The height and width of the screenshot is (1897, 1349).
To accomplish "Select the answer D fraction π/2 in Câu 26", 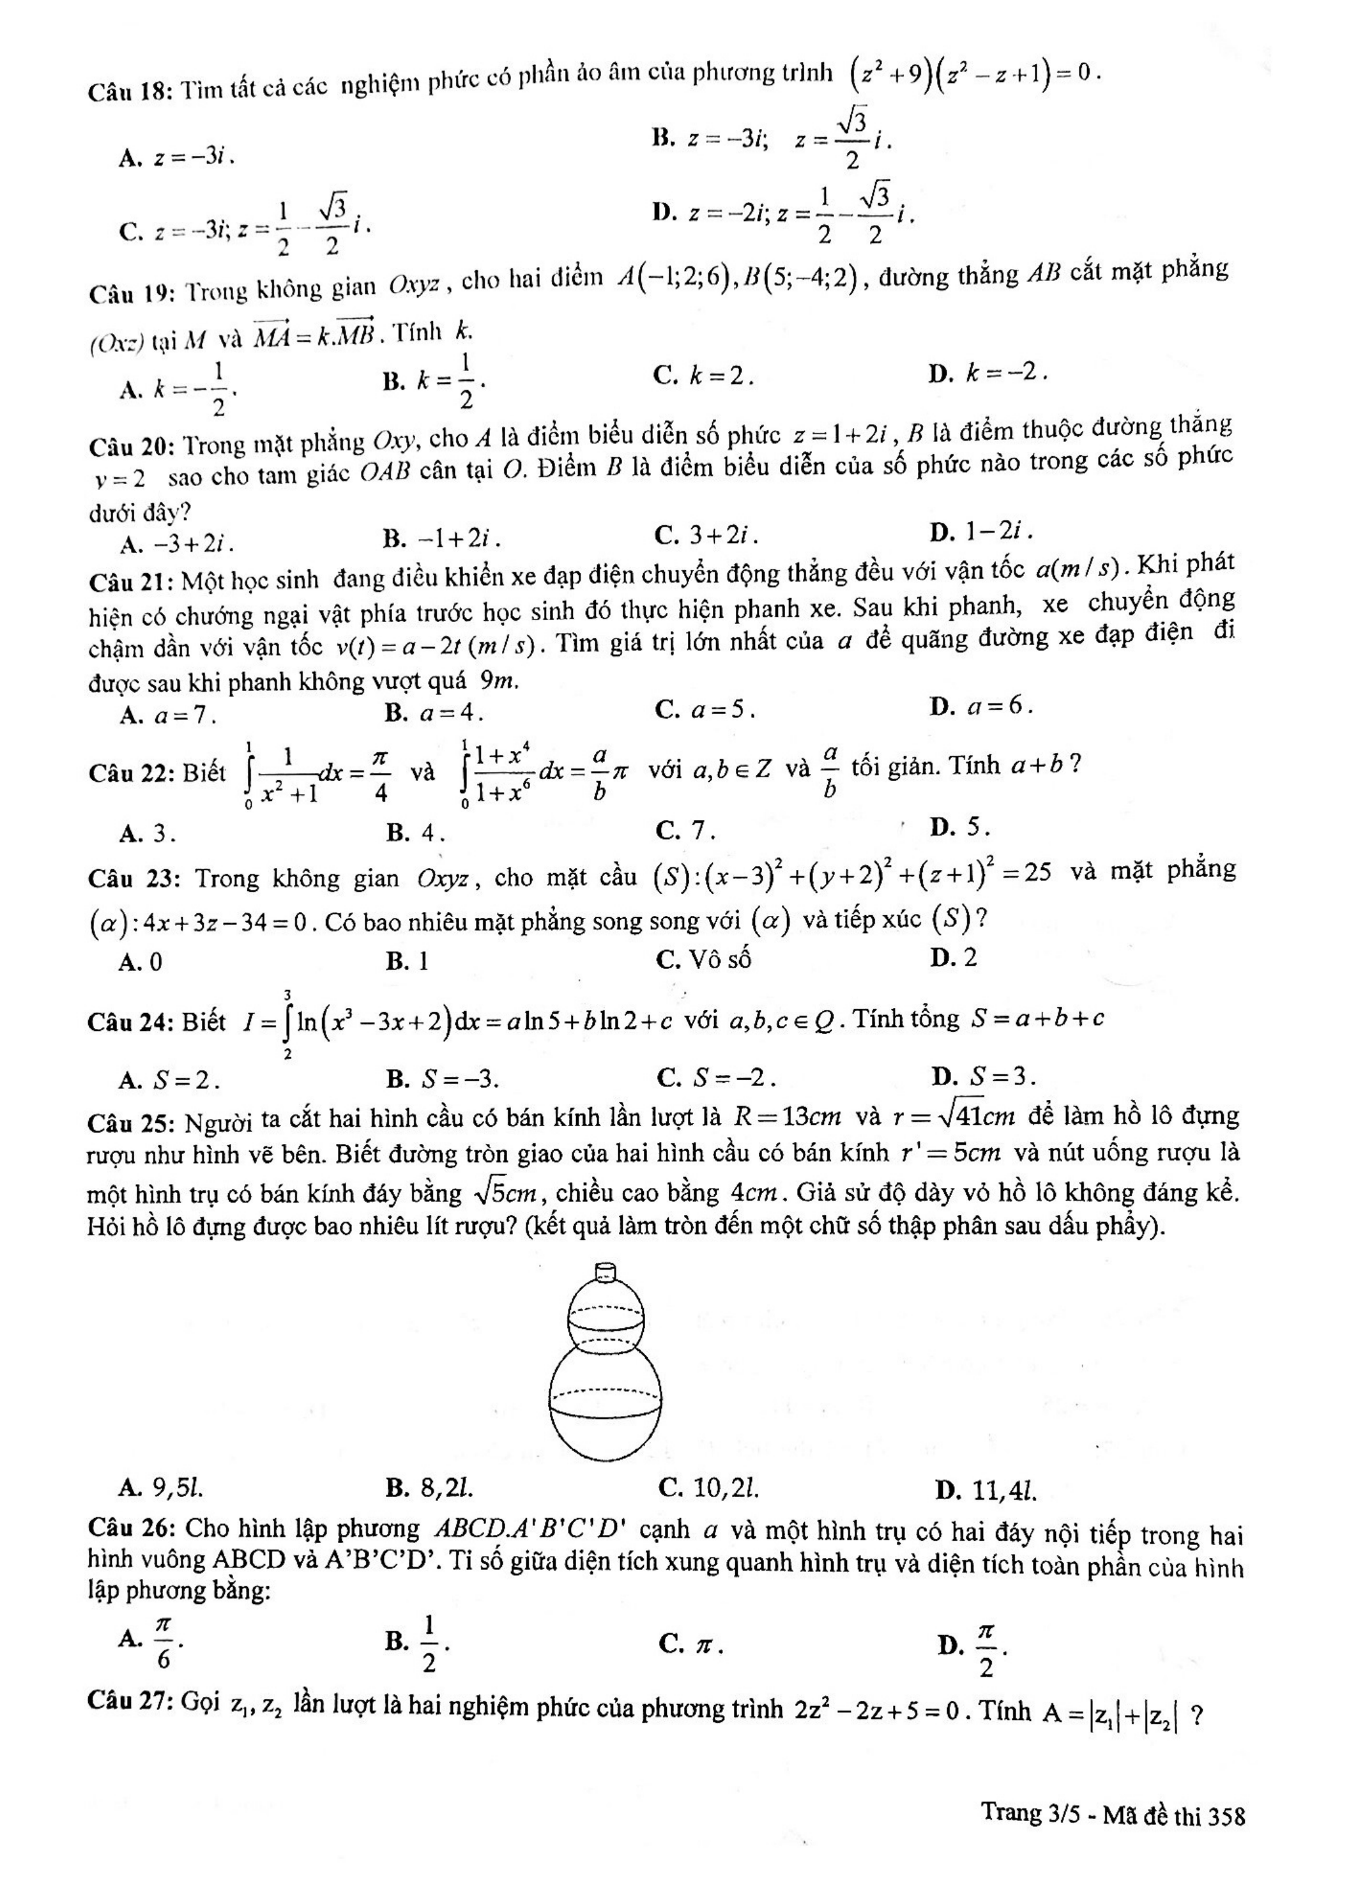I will (x=985, y=1642).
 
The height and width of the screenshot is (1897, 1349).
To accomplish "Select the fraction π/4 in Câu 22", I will (x=379, y=774).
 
